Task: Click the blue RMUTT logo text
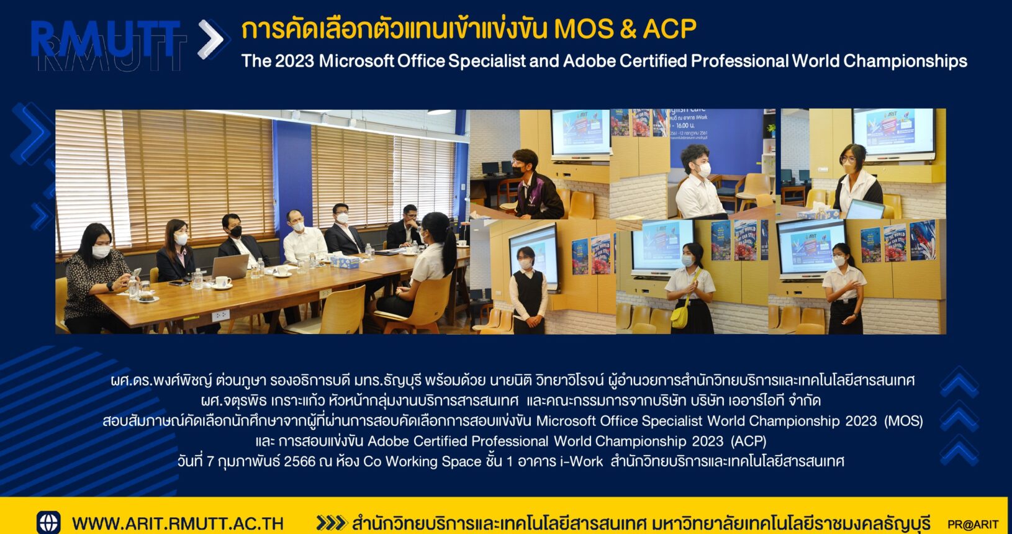coord(106,39)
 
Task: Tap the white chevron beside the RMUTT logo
coord(210,39)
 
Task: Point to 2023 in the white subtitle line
coord(294,61)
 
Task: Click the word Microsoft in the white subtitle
coord(357,61)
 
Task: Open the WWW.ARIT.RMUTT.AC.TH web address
coord(178,523)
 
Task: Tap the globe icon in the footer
coord(48,523)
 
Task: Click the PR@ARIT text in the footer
coord(973,525)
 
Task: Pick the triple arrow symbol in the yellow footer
coord(331,523)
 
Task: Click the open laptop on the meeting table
coord(230,266)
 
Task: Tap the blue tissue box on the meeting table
coord(344,261)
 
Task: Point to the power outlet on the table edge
coord(220,315)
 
